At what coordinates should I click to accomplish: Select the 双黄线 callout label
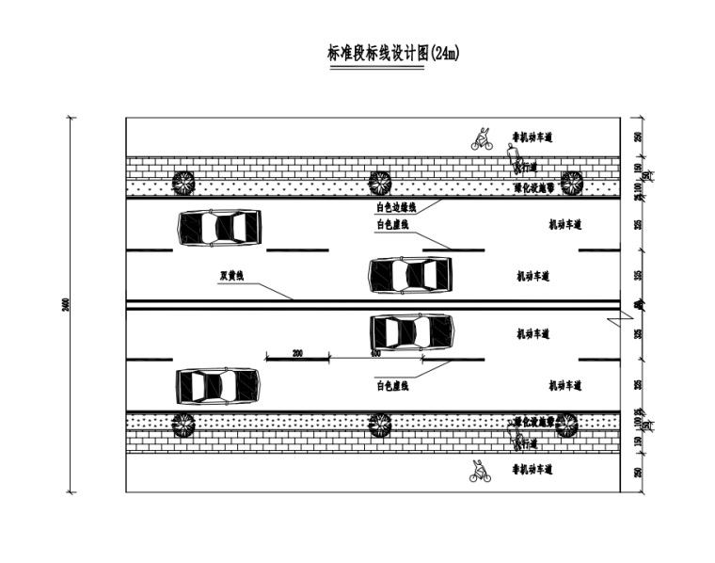(x=231, y=276)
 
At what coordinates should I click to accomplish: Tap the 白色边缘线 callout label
(x=395, y=207)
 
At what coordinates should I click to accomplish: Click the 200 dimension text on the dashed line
(x=297, y=352)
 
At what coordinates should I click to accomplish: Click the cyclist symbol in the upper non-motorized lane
(x=482, y=139)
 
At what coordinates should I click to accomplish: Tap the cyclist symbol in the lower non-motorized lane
(x=480, y=471)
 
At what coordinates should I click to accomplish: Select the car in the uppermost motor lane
(x=218, y=227)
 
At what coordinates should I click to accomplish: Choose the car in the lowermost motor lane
(x=217, y=385)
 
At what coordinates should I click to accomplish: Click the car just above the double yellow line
(x=409, y=274)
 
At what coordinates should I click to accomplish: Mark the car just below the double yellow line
(x=411, y=330)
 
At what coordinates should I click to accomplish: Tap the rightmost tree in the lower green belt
(x=566, y=425)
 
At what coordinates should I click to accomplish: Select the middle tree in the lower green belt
(x=379, y=425)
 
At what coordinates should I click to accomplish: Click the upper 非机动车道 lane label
(x=532, y=137)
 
